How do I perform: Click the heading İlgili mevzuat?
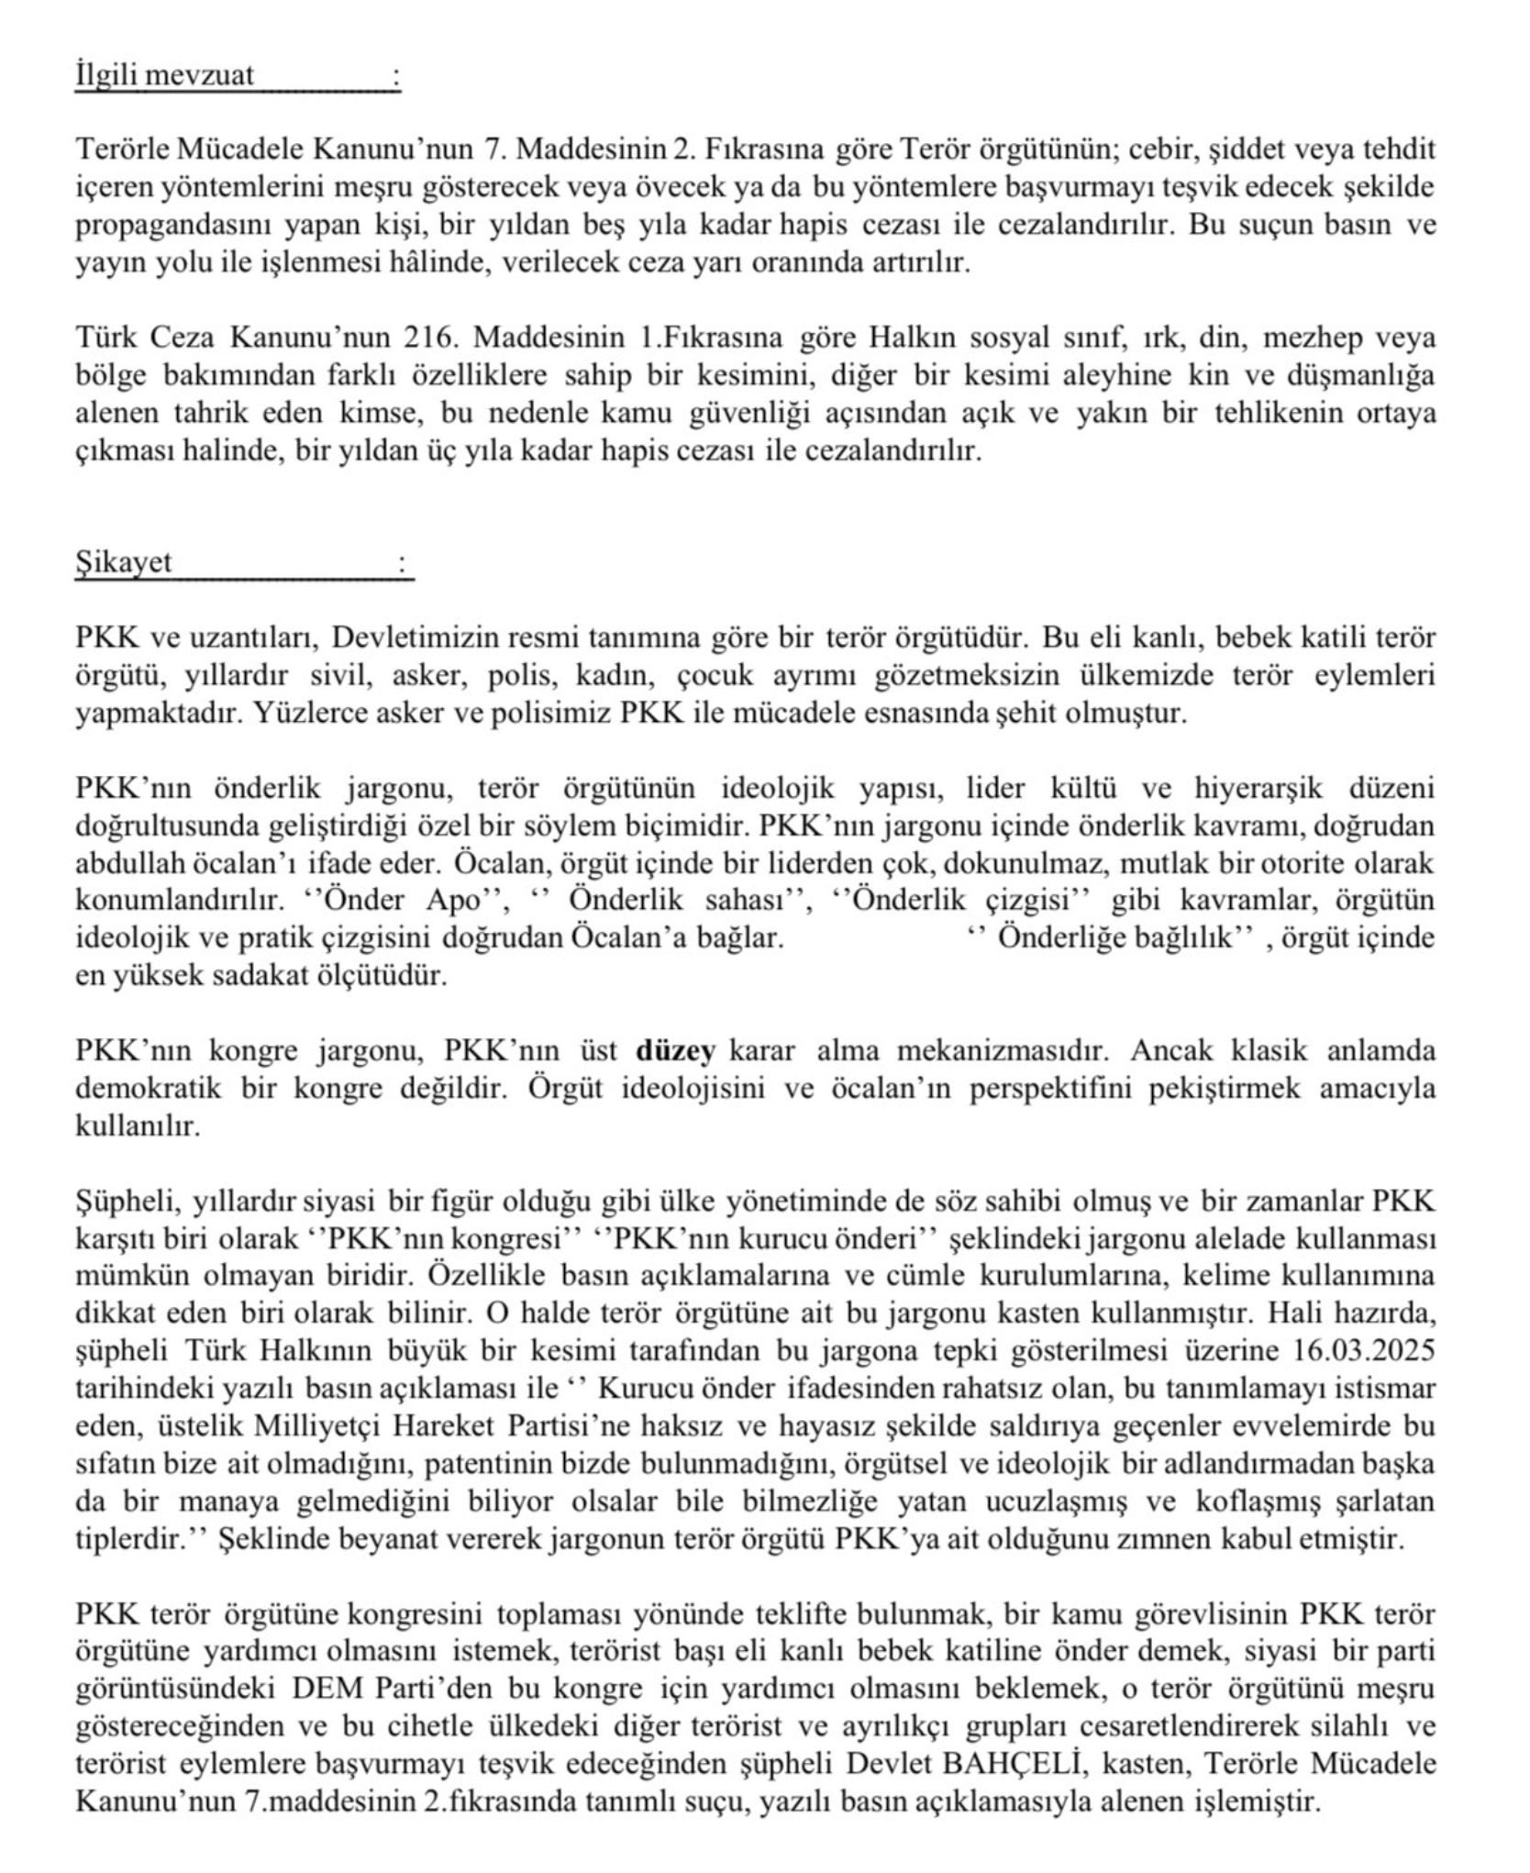(x=164, y=75)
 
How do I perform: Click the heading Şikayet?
(x=123, y=562)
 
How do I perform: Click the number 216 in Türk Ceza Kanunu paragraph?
(x=427, y=338)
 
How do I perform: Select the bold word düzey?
(x=675, y=1051)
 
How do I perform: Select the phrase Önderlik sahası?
(x=676, y=901)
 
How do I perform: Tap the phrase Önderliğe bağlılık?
(x=1114, y=938)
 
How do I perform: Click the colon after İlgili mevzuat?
(x=395, y=75)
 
